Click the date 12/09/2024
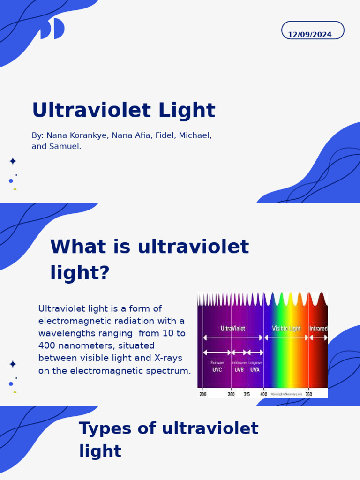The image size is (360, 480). [309, 35]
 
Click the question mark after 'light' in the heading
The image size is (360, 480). [105, 273]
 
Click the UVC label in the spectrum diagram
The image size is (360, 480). [217, 369]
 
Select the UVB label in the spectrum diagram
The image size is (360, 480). [239, 369]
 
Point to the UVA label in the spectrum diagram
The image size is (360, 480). [255, 369]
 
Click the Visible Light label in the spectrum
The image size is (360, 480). [286, 329]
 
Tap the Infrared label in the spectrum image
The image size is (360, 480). [318, 329]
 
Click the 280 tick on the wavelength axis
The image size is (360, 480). [231, 394]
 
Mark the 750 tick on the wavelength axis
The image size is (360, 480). [308, 394]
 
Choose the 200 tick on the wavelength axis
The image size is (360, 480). [202, 394]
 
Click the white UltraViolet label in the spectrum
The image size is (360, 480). [232, 329]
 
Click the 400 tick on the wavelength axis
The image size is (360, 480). [264, 394]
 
